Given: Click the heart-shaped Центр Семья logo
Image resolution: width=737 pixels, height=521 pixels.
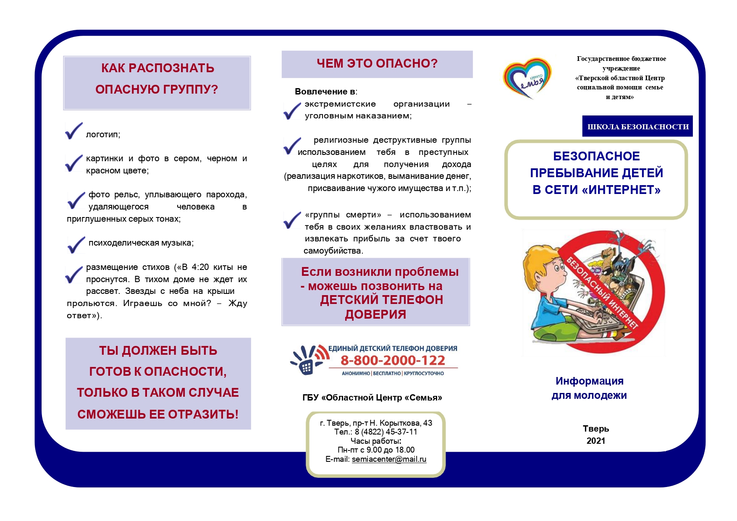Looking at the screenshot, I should pyautogui.click(x=527, y=78).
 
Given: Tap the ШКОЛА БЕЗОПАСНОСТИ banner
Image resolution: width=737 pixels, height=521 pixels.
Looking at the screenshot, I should pyautogui.click(x=637, y=126).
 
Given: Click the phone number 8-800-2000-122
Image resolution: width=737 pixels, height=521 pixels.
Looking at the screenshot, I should pyautogui.click(x=393, y=360).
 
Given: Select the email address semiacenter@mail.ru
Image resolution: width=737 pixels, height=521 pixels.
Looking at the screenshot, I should pyautogui.click(x=389, y=459).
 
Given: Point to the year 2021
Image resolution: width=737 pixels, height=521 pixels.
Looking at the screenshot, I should pyautogui.click(x=595, y=441).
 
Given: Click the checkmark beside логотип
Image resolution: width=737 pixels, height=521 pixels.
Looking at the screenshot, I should pyautogui.click(x=74, y=131).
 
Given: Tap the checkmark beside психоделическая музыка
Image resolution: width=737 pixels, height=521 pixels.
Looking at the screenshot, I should pyautogui.click(x=76, y=244).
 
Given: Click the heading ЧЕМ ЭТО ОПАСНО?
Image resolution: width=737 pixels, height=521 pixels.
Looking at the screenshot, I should pyautogui.click(x=377, y=63).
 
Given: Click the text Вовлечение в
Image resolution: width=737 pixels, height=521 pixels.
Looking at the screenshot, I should pyautogui.click(x=325, y=92).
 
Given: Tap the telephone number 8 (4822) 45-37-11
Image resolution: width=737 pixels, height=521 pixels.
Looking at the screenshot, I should pyautogui.click(x=386, y=432).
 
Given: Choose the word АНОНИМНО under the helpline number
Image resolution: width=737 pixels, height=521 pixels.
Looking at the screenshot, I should pyautogui.click(x=356, y=373).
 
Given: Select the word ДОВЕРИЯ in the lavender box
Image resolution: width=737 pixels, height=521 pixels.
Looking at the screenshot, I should pyautogui.click(x=375, y=314).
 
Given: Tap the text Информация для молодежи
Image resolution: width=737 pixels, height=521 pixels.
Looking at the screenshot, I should pyautogui.click(x=589, y=388).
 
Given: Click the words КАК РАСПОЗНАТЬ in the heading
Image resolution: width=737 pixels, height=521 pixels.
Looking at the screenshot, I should pyautogui.click(x=157, y=68).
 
